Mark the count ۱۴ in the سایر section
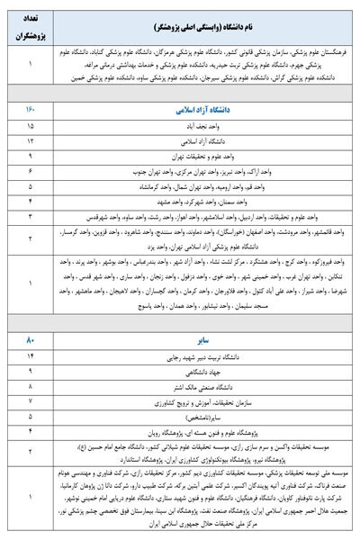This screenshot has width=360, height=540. (31, 356)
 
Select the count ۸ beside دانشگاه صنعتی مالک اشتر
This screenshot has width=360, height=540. (31, 385)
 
